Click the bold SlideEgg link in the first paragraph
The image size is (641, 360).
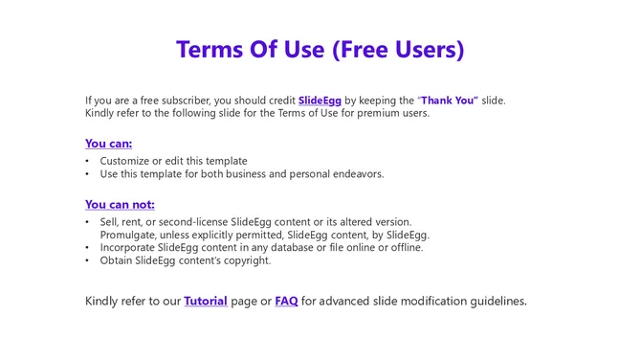(320, 100)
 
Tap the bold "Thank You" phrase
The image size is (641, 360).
(449, 100)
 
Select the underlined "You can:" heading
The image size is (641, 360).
(108, 144)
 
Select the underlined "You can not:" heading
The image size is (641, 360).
(120, 204)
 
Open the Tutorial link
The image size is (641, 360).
(206, 301)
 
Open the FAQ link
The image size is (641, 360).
(286, 301)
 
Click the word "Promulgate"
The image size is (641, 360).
(131, 235)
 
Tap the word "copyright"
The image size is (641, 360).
(245, 260)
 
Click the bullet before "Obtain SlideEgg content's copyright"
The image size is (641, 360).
(88, 260)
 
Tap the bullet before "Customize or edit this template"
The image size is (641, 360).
(88, 161)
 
